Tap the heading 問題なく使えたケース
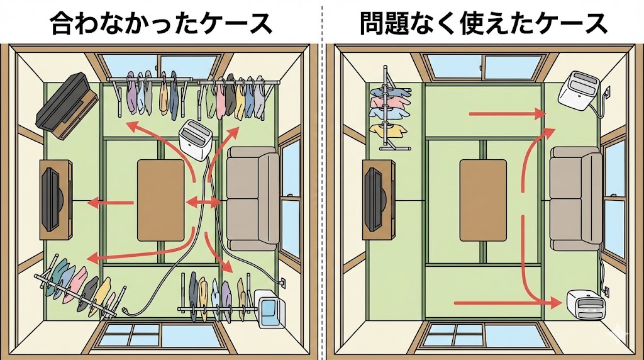(483, 24)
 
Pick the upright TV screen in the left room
(52, 197)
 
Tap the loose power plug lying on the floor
(126, 311)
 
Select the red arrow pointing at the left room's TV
(111, 203)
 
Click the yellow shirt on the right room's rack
(384, 130)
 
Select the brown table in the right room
(483, 199)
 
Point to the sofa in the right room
(575, 198)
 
